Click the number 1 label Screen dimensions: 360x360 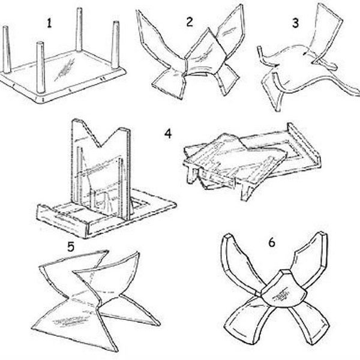coord(49,23)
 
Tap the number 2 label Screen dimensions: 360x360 coord(190,22)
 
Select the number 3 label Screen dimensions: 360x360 coord(295,23)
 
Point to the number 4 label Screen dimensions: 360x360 coord(168,134)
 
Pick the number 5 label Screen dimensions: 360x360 coord(71,247)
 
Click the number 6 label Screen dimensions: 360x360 coord(272,242)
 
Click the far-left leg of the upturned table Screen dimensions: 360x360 coord(7,49)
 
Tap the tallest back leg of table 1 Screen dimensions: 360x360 coord(79,29)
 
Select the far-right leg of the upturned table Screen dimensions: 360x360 coord(115,45)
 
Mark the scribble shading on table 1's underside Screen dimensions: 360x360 coord(65,69)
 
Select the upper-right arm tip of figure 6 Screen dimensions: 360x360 coord(323,235)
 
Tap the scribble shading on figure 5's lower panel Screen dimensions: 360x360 coord(70,320)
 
